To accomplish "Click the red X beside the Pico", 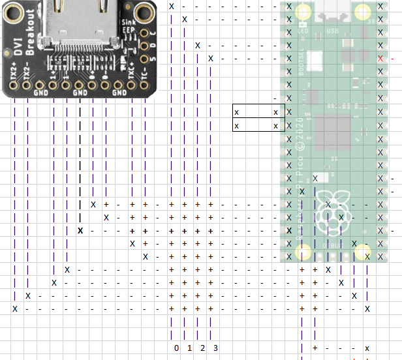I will (380, 59).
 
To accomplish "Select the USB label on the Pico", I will (332, 31).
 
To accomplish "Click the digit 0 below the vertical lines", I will (176, 348).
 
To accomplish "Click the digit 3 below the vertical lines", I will (215, 348).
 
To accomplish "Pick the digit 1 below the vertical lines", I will (189, 348).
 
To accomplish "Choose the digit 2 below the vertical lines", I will (202, 348).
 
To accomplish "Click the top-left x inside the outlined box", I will (236, 113).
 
